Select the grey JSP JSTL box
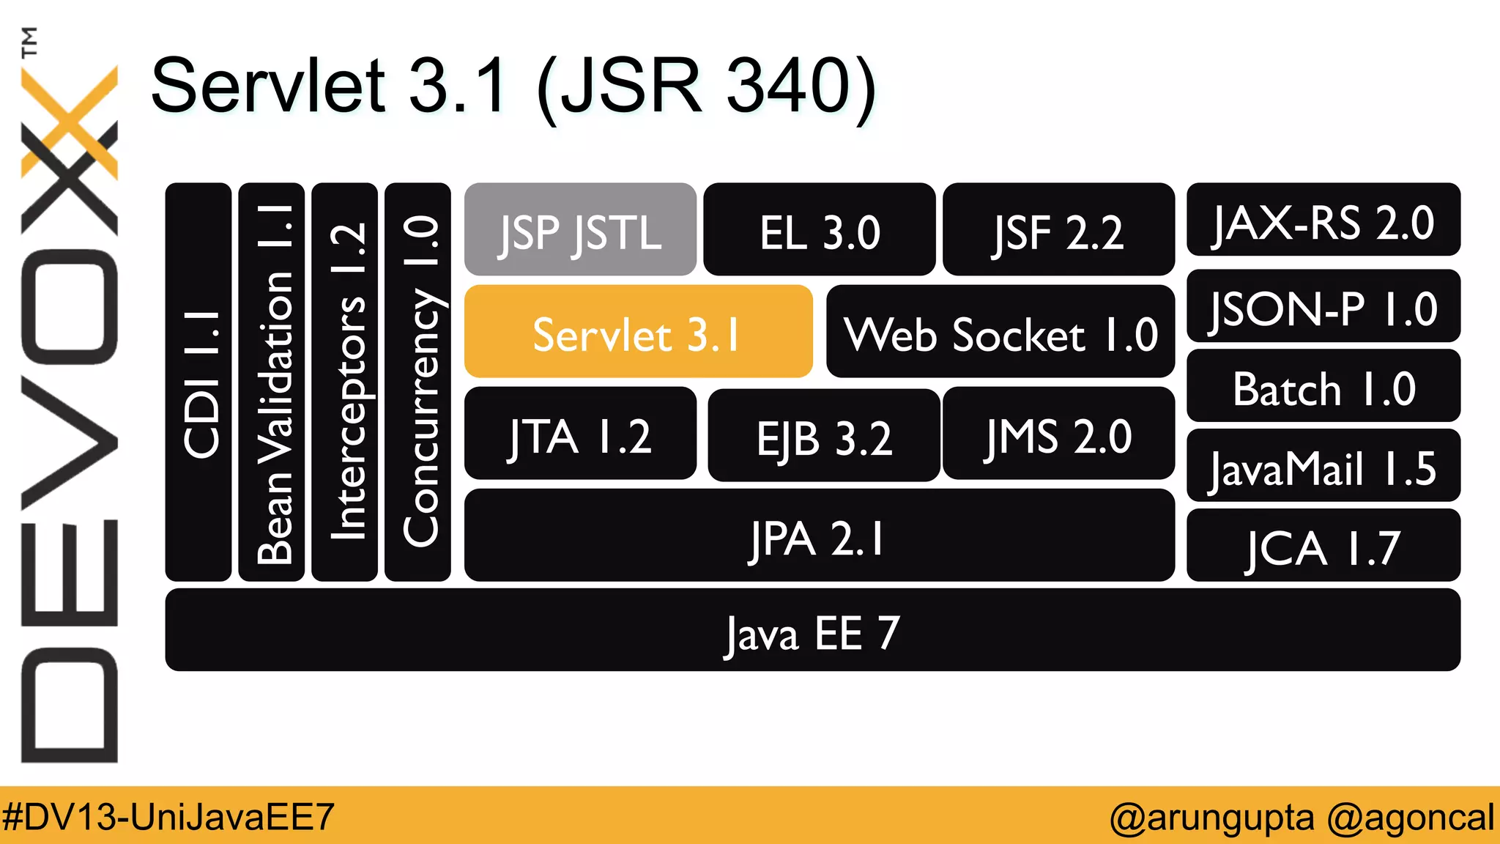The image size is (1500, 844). pyautogui.click(x=580, y=230)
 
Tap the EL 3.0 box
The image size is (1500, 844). pyautogui.click(x=819, y=230)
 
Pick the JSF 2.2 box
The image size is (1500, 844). pyautogui.click(x=1058, y=230)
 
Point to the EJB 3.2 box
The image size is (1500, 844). pyautogui.click(x=823, y=436)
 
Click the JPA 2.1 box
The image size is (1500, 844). pyautogui.click(x=819, y=536)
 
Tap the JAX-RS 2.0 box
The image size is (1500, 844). pyautogui.click(x=1323, y=220)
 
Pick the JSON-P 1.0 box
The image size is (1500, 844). pyautogui.click(x=1323, y=306)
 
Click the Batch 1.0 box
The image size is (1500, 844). pyautogui.click(x=1323, y=386)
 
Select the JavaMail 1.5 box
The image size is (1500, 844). pyautogui.click(x=1323, y=466)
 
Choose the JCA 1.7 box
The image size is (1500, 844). pyautogui.click(x=1323, y=546)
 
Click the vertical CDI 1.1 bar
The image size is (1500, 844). pyautogui.click(x=198, y=382)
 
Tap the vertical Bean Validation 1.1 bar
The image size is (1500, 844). pyautogui.click(x=272, y=382)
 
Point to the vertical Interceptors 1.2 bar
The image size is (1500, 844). pyautogui.click(x=344, y=382)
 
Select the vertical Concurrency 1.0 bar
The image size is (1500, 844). pyautogui.click(x=417, y=382)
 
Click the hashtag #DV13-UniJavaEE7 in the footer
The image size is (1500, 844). pyautogui.click(x=168, y=816)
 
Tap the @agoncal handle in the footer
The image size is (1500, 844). pyautogui.click(x=1410, y=816)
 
